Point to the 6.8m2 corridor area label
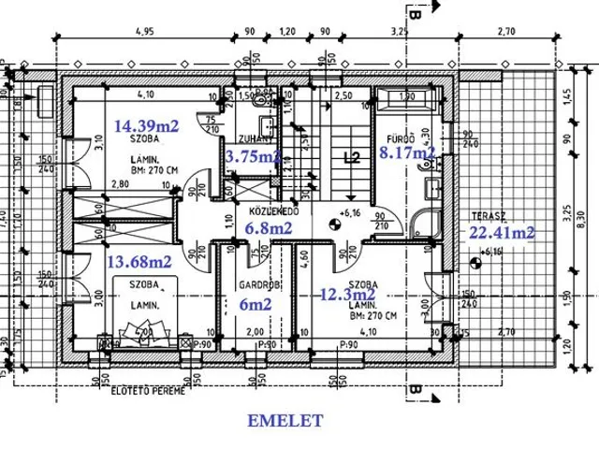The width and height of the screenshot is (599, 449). (267, 226)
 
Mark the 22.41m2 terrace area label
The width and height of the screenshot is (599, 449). (498, 233)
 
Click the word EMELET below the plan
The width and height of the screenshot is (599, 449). (285, 421)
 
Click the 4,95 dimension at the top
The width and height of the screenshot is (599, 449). (143, 31)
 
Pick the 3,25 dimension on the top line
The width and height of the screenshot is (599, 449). (400, 31)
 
